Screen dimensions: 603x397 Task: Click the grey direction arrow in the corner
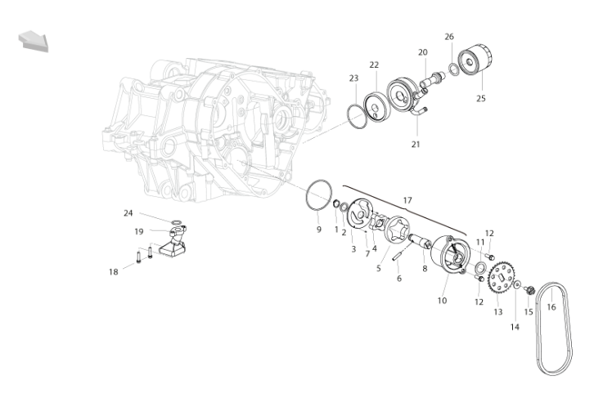[34, 41]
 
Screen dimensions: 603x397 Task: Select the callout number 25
[481, 98]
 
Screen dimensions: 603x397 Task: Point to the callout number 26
[449, 37]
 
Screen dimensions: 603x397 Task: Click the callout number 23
[353, 78]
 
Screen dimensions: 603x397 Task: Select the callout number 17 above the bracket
[407, 200]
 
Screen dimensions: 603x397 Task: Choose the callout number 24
[128, 212]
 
